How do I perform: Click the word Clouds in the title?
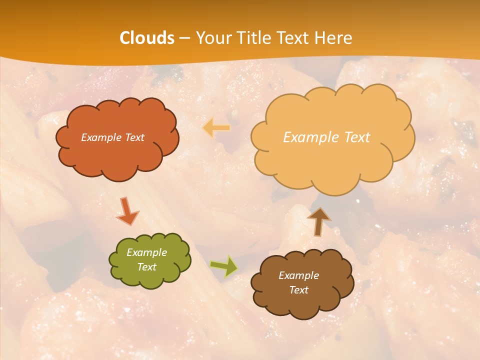point(146,38)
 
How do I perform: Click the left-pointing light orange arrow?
point(216,128)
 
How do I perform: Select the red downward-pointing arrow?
point(127,211)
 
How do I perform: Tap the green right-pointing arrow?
point(224,266)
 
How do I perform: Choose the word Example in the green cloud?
point(146,252)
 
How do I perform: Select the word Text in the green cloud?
point(146,267)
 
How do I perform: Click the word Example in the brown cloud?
point(298,275)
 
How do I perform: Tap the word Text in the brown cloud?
point(298,290)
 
